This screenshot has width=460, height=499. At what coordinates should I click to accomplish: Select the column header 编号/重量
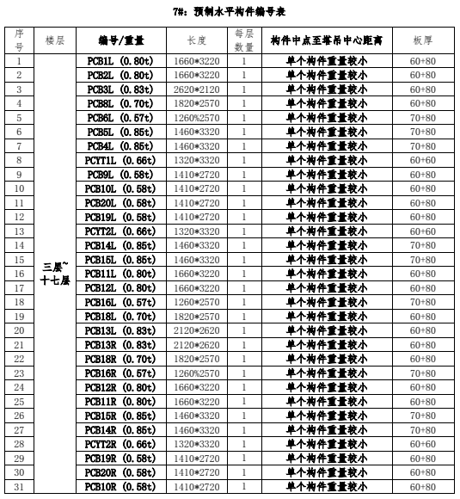120,40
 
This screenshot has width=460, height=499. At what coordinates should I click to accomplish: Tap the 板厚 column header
422,40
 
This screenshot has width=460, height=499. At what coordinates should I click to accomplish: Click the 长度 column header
197,40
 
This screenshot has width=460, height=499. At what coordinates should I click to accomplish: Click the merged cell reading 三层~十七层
55,274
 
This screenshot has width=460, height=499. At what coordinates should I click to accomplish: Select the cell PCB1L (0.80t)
120,61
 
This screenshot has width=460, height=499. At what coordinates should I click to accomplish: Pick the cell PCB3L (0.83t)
120,89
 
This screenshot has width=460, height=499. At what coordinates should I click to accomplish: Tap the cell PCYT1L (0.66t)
120,160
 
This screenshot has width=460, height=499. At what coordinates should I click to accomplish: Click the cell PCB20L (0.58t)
120,203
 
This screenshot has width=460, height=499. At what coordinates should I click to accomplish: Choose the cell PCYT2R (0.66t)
120,444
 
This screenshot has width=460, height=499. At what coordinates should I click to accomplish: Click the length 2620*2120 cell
197,89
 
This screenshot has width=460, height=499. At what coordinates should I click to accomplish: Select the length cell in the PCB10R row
197,486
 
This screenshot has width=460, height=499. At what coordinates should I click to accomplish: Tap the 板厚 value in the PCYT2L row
422,231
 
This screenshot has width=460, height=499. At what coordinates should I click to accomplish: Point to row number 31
19,486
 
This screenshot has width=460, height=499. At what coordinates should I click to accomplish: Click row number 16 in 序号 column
19,274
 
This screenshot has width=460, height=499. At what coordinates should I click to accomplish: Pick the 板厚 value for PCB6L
422,118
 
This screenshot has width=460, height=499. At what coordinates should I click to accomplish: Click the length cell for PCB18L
197,316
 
